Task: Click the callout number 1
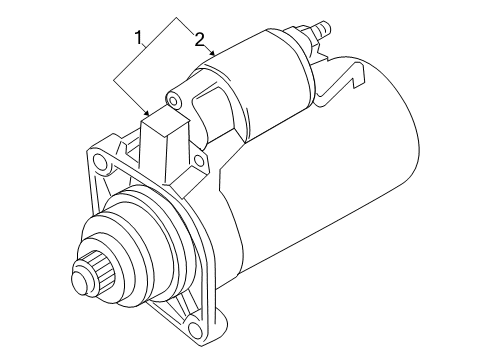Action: pos(138,37)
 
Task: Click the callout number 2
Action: pos(199,40)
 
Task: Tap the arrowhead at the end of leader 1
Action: pos(147,113)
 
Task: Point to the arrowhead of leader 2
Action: pos(212,52)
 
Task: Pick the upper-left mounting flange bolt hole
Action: pos(99,161)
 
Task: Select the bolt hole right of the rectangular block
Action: pos(199,161)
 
